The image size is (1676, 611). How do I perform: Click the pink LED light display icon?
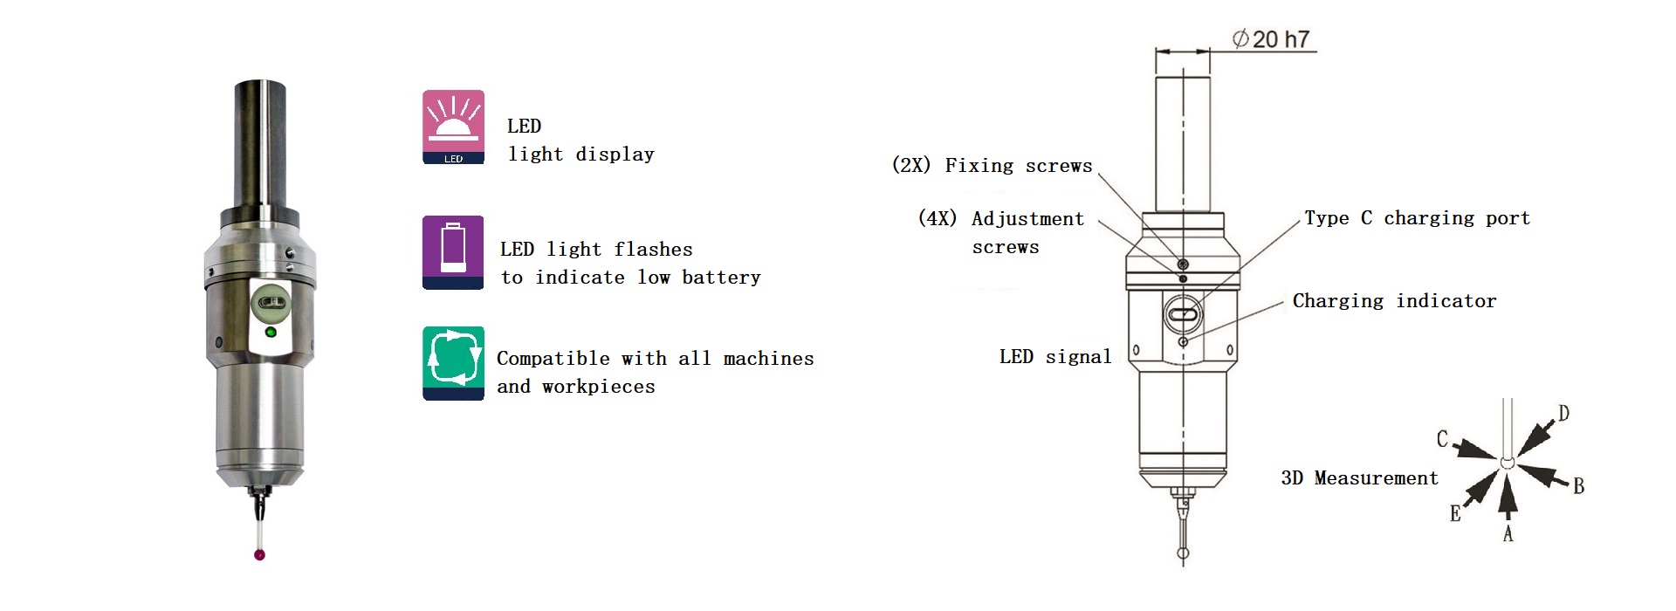click(x=453, y=127)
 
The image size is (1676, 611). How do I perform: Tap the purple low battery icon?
click(x=453, y=252)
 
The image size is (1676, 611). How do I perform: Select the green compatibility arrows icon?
click(x=453, y=363)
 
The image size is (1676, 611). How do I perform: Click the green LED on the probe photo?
click(x=270, y=333)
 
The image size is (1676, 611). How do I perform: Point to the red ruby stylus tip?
click(x=259, y=554)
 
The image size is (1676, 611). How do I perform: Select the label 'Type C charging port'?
click(x=1417, y=218)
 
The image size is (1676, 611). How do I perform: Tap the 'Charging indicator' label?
click(x=1394, y=301)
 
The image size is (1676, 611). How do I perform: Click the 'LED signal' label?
click(x=1055, y=356)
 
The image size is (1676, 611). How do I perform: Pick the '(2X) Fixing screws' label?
click(x=992, y=166)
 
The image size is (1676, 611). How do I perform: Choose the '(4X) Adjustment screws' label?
click(x=1001, y=232)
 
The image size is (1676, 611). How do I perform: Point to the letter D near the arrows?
click(x=1563, y=414)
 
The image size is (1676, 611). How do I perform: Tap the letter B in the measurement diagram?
click(x=1578, y=486)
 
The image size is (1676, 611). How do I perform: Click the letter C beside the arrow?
click(x=1443, y=439)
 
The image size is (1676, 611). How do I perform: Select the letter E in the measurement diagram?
click(x=1455, y=514)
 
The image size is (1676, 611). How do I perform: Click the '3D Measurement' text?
click(x=1359, y=478)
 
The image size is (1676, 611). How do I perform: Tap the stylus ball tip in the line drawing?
click(x=1183, y=553)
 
